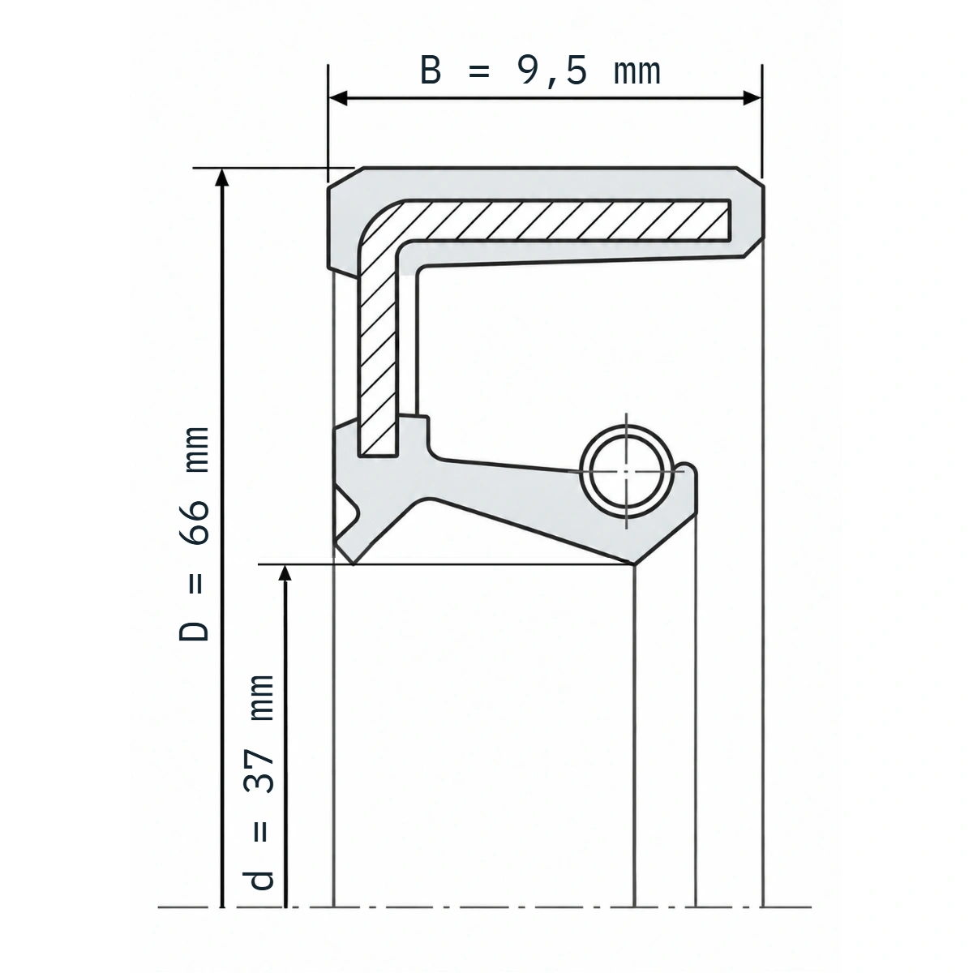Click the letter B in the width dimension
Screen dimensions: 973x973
(431, 71)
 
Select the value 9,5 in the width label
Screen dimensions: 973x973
(552, 71)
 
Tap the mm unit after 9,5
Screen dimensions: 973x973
(637, 73)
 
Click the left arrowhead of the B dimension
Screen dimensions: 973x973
(338, 98)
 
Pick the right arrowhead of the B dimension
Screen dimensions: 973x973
(752, 98)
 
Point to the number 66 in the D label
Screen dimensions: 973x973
(195, 523)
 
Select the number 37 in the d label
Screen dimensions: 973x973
(259, 771)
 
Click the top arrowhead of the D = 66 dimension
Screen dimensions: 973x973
(221, 178)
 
